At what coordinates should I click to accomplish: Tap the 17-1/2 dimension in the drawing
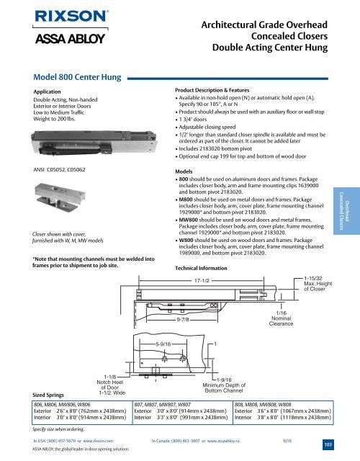point(202,281)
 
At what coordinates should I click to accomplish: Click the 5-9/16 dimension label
point(163,344)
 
